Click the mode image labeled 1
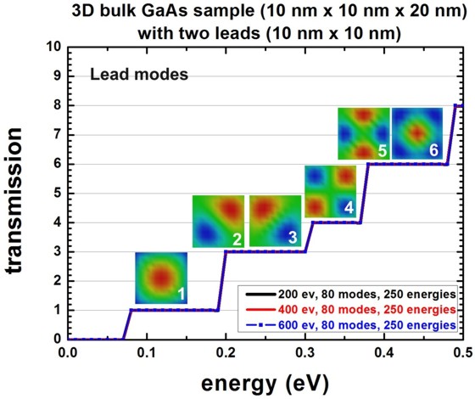coord(160,278)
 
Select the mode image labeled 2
coord(218,221)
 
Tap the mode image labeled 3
coord(273,221)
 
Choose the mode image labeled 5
coord(364,133)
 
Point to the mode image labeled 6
coord(416,133)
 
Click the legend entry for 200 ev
coord(349,294)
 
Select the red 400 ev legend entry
coord(349,309)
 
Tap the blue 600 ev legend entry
coord(349,325)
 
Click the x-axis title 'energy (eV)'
coord(265,381)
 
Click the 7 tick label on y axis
coord(55,134)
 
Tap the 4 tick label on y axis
coord(55,222)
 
